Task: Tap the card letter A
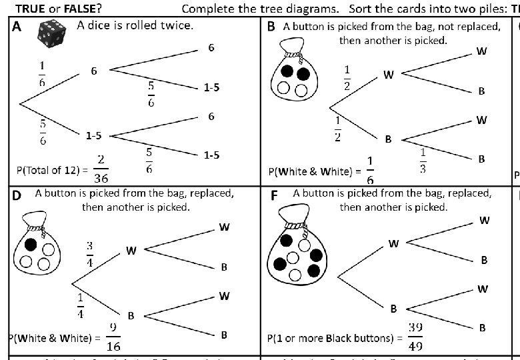[17, 27]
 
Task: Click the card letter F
[273, 195]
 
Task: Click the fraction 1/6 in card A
[42, 74]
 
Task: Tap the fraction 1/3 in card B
[423, 161]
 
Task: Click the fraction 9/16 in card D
[113, 337]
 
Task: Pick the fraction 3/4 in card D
[89, 253]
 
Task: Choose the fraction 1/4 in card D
[81, 305]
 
